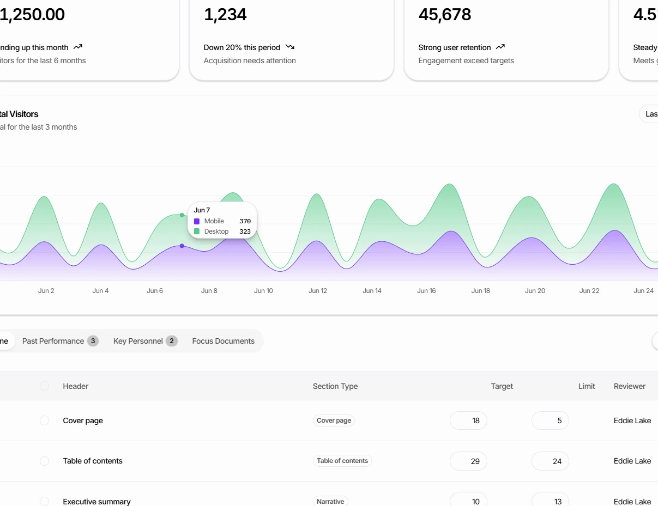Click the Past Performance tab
pos(53,341)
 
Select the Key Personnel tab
pos(138,341)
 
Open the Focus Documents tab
pos(223,341)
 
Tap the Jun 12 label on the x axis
pos(318,291)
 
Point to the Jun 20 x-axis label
pos(535,291)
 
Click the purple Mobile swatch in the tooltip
pos(197,221)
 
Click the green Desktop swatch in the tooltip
pos(197,231)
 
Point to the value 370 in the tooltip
pos(245,221)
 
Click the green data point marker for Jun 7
pos(182,215)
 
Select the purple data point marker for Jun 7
pos(182,246)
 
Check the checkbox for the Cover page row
pos(45,420)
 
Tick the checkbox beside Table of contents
pos(45,461)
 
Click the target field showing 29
pos(468,461)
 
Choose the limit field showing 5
pos(550,420)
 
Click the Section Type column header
pos(335,386)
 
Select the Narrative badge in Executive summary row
pos(330,501)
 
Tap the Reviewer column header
pos(629,386)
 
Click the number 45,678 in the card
pos(445,15)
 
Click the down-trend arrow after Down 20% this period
pos(290,47)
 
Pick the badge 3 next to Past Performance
pos(93,341)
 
